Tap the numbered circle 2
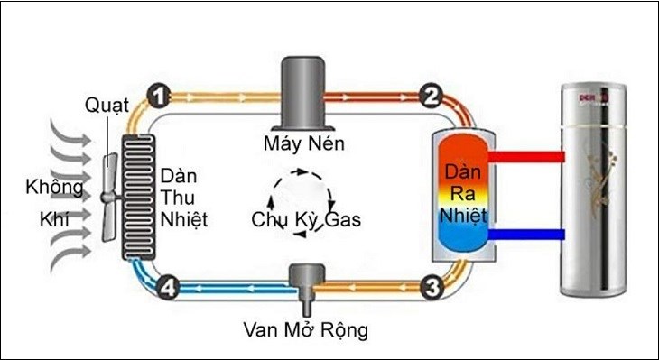tap(431, 94)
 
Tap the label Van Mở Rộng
tap(306, 330)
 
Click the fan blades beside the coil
tap(109, 195)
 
